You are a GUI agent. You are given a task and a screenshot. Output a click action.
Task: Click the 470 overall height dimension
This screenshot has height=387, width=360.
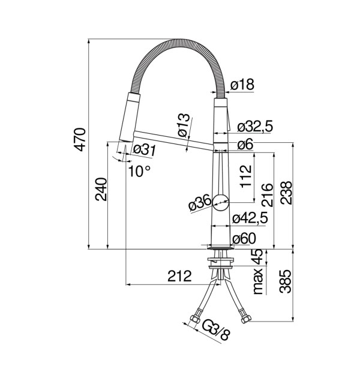pos(80,139)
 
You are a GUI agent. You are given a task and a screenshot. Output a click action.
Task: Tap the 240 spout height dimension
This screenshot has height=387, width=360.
pos(101,189)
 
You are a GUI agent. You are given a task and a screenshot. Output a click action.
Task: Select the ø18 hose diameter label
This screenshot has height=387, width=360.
pos(242,85)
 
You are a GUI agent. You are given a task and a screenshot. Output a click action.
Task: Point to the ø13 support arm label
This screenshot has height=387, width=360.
pos(184,125)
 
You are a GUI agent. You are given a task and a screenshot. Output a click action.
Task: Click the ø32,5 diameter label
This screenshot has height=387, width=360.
pos(255,127)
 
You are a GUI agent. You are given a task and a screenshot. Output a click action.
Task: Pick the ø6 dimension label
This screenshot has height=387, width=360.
pos(245,144)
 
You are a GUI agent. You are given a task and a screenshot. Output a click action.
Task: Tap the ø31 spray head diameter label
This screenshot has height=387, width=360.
pos(145,150)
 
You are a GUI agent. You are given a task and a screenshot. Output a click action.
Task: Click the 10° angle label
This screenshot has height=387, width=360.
pos(139,171)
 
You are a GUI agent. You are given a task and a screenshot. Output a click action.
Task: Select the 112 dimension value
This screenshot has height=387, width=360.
pos(246,176)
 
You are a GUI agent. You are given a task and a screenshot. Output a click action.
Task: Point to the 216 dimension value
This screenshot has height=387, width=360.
pos(268,195)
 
